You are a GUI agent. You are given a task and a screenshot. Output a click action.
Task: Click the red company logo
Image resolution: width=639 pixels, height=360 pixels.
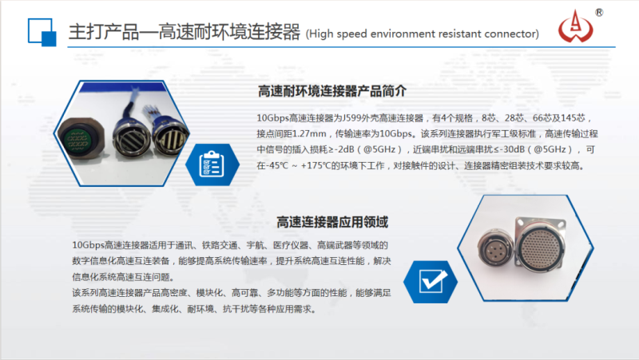pos(575,27)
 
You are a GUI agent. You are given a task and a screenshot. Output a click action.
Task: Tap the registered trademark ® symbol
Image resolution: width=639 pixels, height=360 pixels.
pos(599,12)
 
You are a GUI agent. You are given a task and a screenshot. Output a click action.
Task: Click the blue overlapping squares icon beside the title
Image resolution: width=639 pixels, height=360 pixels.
pos(42,32)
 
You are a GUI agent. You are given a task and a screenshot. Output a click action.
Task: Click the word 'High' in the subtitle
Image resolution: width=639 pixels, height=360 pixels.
pos(321,34)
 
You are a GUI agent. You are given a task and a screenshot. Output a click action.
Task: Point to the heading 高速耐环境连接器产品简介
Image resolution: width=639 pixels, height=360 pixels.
pos(332,91)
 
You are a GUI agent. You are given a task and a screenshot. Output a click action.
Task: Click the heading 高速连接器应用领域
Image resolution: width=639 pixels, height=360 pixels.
pos(332,222)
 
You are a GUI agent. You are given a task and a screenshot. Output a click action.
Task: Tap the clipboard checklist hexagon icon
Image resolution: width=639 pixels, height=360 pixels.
pos(212,164)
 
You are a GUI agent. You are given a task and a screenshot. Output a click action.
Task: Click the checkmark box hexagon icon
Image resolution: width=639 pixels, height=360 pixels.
pos(431,282)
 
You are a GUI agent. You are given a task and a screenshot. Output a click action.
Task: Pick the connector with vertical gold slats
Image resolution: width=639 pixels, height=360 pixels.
pos(170,136)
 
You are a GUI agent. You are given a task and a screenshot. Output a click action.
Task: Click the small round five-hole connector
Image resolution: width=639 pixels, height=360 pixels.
pos(496,248)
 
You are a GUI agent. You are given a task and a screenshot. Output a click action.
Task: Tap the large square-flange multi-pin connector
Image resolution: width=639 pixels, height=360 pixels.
pos(541,247)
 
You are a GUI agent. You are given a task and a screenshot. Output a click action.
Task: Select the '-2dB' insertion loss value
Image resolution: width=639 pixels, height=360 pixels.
pos(344,150)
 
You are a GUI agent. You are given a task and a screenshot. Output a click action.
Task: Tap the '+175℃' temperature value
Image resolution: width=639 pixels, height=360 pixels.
pos(315,166)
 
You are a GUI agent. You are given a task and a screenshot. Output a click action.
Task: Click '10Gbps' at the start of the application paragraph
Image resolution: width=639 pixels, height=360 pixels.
pos(89,245)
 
